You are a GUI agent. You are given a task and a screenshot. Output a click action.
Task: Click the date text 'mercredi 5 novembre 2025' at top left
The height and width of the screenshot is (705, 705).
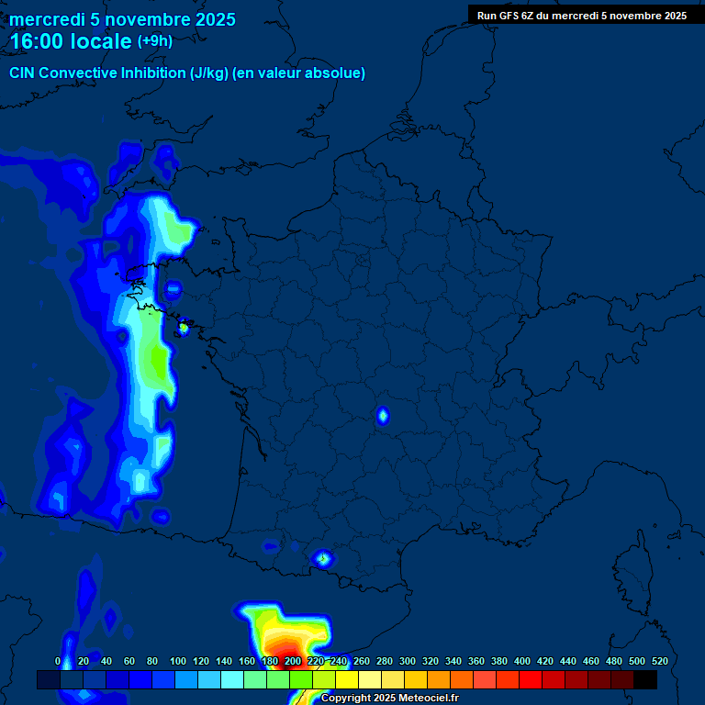[122, 19]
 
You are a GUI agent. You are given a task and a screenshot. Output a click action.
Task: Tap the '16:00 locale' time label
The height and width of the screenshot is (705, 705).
[71, 41]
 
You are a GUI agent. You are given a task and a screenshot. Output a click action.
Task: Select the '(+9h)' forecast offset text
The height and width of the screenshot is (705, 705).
[154, 40]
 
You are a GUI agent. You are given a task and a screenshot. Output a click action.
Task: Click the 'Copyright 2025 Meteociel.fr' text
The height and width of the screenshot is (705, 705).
[389, 698]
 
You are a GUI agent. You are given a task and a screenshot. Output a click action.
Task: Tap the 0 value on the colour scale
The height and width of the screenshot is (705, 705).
[58, 661]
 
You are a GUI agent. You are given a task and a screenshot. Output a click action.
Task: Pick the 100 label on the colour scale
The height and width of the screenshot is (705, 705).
[177, 661]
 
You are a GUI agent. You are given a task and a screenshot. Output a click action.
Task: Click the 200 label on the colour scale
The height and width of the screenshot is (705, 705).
[293, 661]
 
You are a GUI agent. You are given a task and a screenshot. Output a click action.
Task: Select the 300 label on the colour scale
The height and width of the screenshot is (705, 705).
[408, 661]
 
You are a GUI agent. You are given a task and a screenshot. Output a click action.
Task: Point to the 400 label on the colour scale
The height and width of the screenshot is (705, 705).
[522, 661]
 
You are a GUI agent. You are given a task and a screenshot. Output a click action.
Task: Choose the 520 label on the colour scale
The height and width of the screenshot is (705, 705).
[659, 661]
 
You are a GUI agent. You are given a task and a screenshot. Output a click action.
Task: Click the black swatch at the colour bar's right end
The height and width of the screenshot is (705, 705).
[645, 679]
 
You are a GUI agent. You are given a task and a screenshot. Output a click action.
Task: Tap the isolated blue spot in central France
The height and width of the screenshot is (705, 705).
[383, 416]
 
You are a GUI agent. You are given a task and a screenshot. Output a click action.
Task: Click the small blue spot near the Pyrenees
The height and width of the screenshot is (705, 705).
[322, 557]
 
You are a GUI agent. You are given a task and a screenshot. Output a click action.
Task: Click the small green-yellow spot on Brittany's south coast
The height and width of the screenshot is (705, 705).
[183, 326]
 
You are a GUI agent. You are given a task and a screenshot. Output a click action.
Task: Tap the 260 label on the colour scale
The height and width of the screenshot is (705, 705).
[362, 661]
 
